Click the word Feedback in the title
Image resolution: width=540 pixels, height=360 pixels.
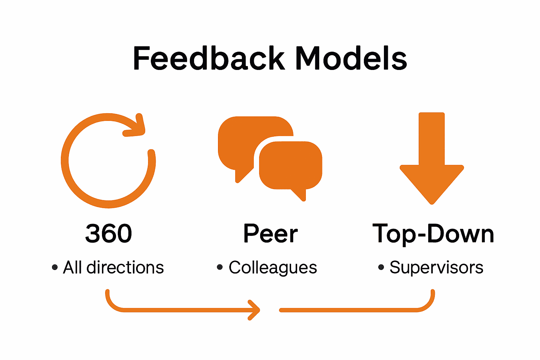209,58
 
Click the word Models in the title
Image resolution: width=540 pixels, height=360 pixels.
351,58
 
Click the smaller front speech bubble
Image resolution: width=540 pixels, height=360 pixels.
290,165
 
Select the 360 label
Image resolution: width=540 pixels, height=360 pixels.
109,233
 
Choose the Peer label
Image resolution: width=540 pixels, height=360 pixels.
270,233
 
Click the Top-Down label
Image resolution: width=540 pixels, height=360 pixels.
433,234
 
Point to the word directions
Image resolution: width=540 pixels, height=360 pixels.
125,268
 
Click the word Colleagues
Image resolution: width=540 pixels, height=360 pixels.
273,268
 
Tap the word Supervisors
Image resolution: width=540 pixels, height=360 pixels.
436,268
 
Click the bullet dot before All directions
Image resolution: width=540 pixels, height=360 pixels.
54,268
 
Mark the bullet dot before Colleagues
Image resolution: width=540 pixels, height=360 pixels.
220,268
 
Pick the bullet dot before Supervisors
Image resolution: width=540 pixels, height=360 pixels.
381,268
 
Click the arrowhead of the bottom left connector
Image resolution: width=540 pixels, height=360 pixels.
255,310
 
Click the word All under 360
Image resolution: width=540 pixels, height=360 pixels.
72,268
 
